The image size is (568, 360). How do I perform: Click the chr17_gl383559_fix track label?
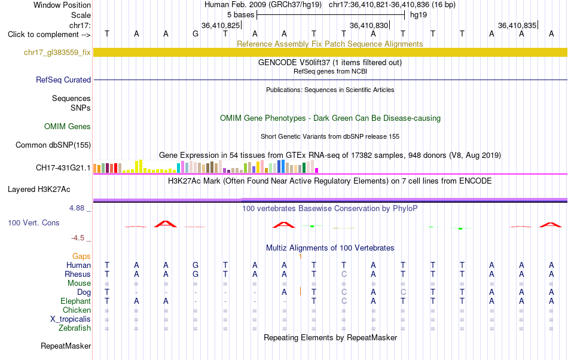point(57,53)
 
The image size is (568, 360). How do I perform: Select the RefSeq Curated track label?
point(63,80)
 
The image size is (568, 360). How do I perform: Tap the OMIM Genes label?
point(68,126)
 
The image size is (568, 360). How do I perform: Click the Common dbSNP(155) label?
point(53,145)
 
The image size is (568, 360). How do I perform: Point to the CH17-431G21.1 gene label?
point(63,167)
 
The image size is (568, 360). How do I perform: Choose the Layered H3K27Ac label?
point(39,190)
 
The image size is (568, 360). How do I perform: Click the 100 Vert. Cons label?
point(33,222)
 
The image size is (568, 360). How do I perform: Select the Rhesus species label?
point(78,274)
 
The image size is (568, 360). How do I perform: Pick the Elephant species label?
point(76,301)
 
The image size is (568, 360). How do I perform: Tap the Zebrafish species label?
point(75,328)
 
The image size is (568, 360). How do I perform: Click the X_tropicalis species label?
point(71,319)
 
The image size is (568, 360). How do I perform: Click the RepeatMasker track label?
point(66,346)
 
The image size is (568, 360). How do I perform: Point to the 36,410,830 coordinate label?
point(369,25)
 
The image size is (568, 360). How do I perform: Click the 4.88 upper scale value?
point(77,208)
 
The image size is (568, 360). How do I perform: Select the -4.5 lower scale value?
point(78,237)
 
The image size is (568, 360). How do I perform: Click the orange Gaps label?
point(81,256)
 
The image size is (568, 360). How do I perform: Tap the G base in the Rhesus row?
point(196,274)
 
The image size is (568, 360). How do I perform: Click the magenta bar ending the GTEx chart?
point(317,170)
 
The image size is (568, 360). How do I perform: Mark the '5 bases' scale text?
point(241,15)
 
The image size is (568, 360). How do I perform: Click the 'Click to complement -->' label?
point(49,35)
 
